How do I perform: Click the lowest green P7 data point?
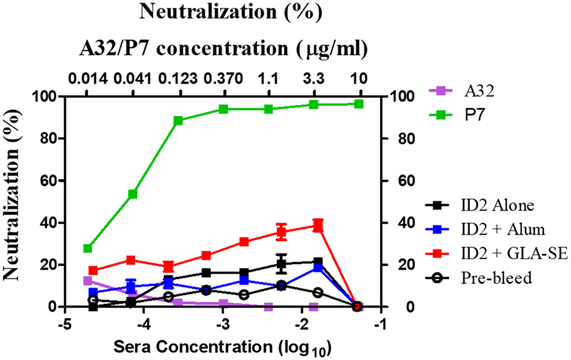coord(88,248)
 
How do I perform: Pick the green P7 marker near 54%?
coord(133,194)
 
